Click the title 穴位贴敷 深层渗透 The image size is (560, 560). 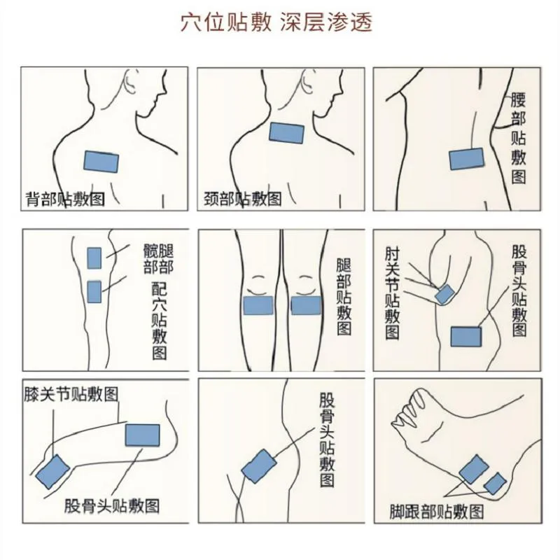point(276,23)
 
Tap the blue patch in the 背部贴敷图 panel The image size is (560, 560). point(101,162)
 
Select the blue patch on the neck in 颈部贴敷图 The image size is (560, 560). point(286,133)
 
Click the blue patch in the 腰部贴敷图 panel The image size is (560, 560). point(466,159)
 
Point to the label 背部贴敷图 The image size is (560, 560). point(65,199)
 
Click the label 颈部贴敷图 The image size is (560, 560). point(242,199)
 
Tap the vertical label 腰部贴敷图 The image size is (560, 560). point(518,138)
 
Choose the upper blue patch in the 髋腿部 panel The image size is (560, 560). point(94,258)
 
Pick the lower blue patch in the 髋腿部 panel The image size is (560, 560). point(94,292)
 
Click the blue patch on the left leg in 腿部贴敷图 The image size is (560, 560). point(258,306)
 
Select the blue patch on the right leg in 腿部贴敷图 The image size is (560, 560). point(306,306)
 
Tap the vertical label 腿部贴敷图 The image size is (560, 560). point(344,297)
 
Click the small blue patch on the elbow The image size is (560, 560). point(444,294)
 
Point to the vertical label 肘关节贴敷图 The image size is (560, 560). point(392,293)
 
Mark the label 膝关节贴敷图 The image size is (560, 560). point(71,395)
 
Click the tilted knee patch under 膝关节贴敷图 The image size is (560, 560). point(52,472)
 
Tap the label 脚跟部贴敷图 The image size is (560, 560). point(436,512)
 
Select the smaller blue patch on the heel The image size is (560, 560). point(495,483)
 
